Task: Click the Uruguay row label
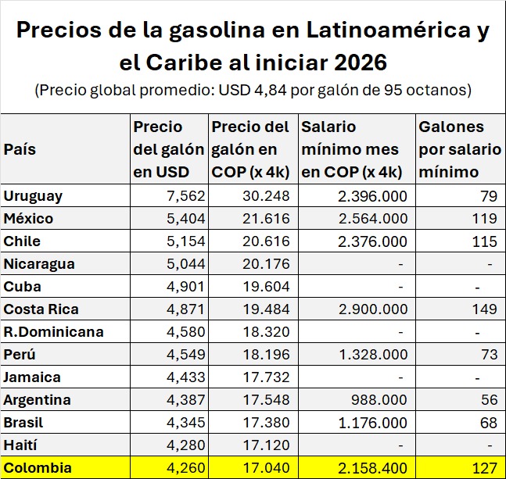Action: coord(33,195)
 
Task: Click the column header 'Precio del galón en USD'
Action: coord(168,149)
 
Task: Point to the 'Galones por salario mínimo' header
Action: coord(452,149)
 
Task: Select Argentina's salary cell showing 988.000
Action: coord(382,400)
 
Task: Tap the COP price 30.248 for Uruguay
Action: coord(266,195)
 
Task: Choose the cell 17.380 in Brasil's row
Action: coord(266,423)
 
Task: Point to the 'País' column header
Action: coord(20,149)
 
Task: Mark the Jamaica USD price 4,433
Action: coord(185,377)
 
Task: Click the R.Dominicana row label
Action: coord(53,331)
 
